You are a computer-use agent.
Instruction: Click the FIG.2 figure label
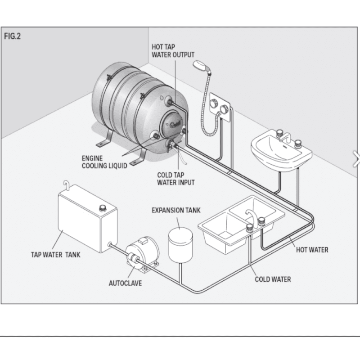click(x=13, y=36)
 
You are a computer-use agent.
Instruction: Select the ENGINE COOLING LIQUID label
click(x=104, y=162)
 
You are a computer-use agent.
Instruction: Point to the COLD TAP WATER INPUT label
click(x=175, y=179)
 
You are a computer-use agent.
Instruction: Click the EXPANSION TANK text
click(x=176, y=210)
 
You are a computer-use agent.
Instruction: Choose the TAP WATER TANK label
click(x=56, y=254)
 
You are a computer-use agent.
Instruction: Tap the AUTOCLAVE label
click(x=125, y=283)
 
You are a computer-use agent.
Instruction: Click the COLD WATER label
click(x=273, y=279)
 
